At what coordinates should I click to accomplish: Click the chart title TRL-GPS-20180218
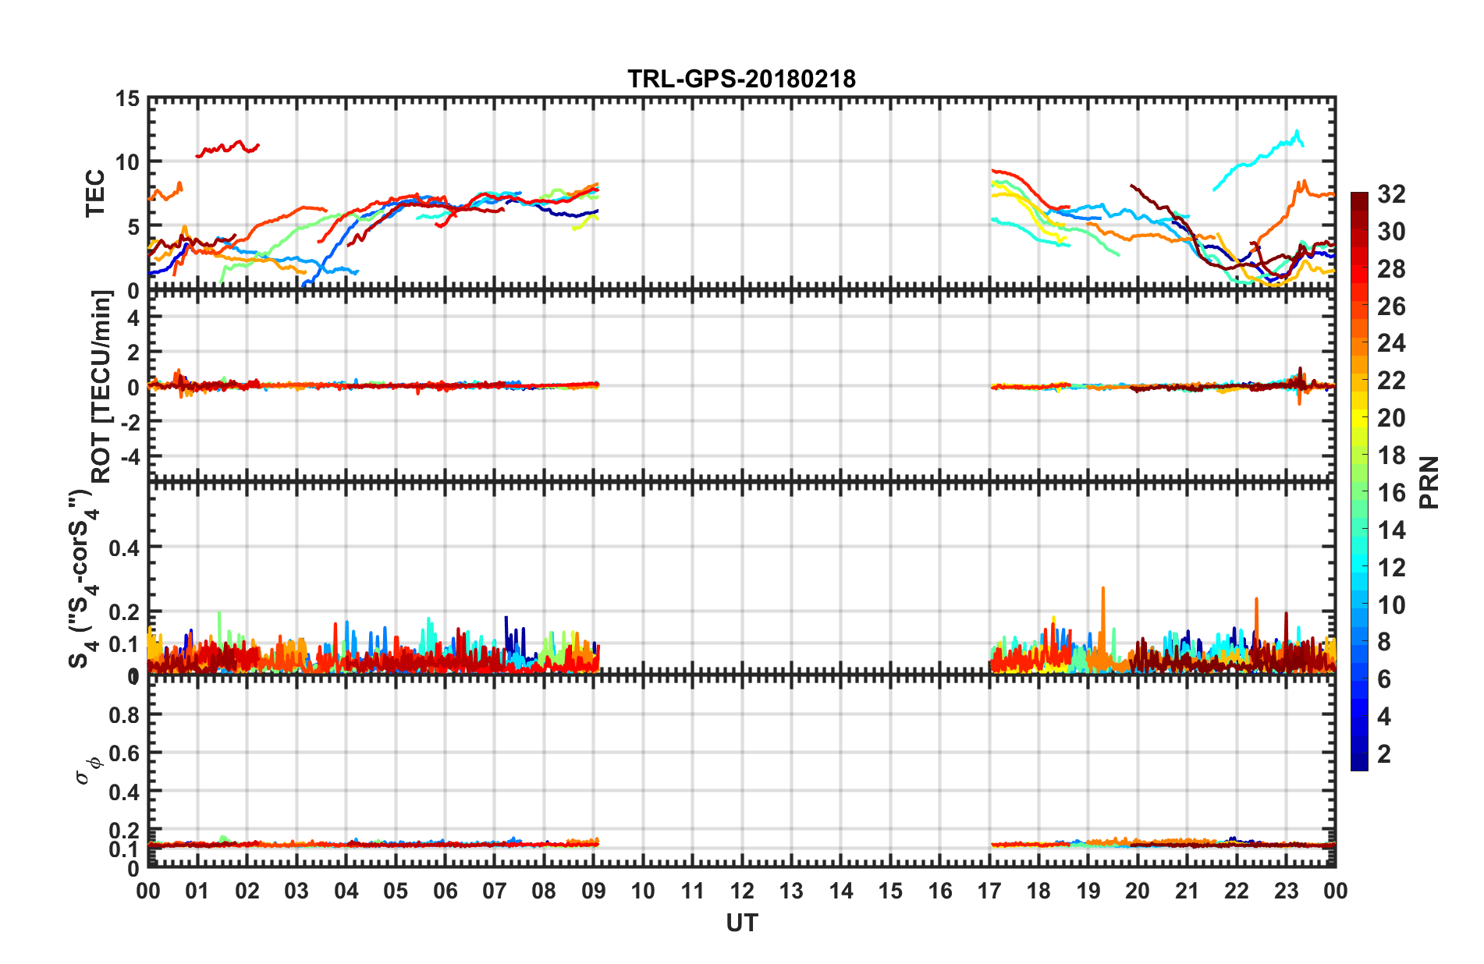(x=741, y=79)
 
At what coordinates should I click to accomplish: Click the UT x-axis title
(x=741, y=923)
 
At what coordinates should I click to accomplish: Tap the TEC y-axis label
(x=94, y=193)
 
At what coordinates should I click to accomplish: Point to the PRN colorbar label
(x=1429, y=483)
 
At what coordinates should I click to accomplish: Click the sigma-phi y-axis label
(x=89, y=768)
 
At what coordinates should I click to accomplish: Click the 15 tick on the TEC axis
(x=127, y=99)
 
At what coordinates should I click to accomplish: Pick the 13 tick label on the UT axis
(x=791, y=891)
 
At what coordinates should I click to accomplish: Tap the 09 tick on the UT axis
(x=593, y=891)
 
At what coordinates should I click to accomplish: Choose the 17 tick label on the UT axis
(x=989, y=891)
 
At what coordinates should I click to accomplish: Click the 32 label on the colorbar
(x=1391, y=194)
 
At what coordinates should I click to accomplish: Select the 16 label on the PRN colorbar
(x=1391, y=493)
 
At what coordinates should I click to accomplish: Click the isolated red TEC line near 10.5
(x=227, y=147)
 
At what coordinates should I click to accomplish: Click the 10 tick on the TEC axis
(x=127, y=162)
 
